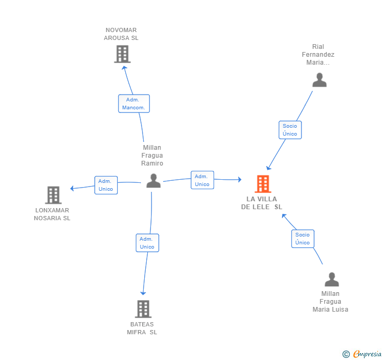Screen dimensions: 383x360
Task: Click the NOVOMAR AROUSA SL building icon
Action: [122, 54]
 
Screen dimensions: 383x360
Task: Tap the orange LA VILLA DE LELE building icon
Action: [263, 184]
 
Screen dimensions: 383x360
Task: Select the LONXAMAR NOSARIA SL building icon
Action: [53, 195]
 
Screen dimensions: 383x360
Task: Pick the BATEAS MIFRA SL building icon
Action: [143, 309]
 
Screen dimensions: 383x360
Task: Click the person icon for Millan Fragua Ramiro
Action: [153, 181]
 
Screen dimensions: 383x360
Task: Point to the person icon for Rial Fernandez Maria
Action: [319, 80]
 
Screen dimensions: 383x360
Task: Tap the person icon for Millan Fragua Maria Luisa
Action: [331, 279]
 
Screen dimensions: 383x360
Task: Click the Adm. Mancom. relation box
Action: [134, 104]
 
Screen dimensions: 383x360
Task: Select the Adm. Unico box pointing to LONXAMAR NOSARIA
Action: [106, 185]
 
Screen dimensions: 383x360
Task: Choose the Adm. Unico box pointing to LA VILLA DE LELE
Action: [202, 180]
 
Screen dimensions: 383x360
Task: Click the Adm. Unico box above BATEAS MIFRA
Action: [147, 243]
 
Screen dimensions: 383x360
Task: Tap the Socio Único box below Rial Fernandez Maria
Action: [290, 130]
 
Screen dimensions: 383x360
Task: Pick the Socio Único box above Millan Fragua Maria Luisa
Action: [303, 239]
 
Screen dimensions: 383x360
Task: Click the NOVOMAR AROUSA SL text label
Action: [121, 34]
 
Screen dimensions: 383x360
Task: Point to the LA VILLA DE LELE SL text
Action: [261, 203]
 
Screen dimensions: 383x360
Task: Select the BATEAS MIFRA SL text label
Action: [142, 328]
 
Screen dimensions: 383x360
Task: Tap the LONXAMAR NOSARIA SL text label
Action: [52, 214]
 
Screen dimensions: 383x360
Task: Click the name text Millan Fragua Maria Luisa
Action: [330, 302]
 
